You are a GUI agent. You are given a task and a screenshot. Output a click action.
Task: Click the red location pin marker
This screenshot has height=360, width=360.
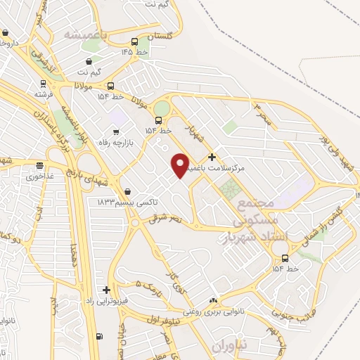[x=181, y=165]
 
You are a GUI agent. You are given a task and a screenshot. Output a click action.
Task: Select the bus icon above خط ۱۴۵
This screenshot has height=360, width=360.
[x=134, y=41]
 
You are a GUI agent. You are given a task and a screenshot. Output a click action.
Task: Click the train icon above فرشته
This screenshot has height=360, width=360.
[x=39, y=82]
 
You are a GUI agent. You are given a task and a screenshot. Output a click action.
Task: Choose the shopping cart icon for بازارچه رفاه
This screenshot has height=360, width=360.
[x=116, y=131]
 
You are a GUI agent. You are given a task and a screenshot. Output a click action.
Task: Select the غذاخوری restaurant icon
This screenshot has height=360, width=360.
[x=40, y=167]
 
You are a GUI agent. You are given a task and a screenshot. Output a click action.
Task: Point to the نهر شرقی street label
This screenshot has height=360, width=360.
[x=165, y=217]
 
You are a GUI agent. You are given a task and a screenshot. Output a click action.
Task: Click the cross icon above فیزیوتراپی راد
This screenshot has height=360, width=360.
[x=106, y=290]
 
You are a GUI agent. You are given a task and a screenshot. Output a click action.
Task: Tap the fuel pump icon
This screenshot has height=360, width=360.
[x=98, y=335]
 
